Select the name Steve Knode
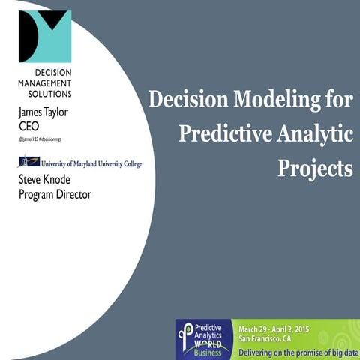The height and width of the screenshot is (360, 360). [x=49, y=181]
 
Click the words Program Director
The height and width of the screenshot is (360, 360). [x=55, y=195]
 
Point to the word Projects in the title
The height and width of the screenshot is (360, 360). [x=315, y=167]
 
